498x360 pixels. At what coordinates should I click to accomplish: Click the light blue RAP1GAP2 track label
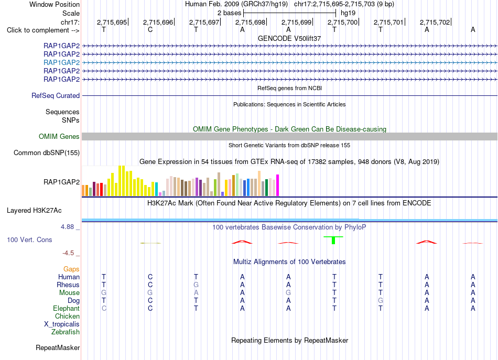click(62, 62)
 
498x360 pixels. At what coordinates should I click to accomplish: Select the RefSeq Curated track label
click(56, 95)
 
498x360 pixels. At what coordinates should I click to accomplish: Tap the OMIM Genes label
click(59, 137)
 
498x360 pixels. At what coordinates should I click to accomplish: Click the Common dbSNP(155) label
click(47, 152)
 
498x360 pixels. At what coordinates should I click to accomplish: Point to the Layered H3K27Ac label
click(34, 211)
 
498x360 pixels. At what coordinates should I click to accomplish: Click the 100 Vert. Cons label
click(29, 239)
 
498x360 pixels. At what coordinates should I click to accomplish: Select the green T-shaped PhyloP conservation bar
click(333, 240)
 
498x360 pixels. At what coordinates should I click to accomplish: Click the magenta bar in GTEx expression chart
click(278, 186)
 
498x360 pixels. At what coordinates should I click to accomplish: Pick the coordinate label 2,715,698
click(250, 22)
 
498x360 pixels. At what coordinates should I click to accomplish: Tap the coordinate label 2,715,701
click(388, 22)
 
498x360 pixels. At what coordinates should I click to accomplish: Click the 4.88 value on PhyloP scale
click(67, 227)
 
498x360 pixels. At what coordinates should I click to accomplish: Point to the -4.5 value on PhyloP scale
click(68, 253)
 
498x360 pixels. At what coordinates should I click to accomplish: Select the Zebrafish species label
click(66, 332)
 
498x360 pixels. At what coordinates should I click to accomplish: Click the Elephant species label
click(67, 308)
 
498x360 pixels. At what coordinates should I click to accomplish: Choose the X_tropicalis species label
click(62, 324)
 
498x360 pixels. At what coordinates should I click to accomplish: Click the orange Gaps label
click(71, 269)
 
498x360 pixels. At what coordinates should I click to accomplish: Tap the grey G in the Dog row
click(381, 300)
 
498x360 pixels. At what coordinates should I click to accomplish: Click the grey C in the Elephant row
click(104, 308)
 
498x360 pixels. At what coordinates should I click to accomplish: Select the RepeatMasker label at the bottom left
click(58, 347)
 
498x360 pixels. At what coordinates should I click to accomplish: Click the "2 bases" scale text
click(229, 13)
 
